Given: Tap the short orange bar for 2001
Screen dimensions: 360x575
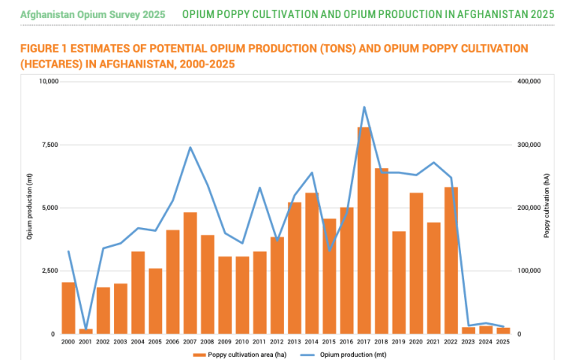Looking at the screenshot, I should pyautogui.click(x=86, y=331).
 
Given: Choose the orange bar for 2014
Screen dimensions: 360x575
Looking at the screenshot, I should pyautogui.click(x=312, y=263).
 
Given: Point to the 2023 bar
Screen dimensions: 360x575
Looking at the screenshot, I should pyautogui.click(x=468, y=330).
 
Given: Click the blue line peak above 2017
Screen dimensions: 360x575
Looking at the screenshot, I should pyautogui.click(x=364, y=107).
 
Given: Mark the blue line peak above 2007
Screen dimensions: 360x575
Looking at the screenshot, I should pyautogui.click(x=190, y=148).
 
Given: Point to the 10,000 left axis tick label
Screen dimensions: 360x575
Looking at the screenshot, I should pyautogui.click(x=46, y=82).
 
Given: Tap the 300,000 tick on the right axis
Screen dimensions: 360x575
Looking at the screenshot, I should pyautogui.click(x=529, y=145).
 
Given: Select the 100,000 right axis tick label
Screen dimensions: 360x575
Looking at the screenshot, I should pyautogui.click(x=529, y=271).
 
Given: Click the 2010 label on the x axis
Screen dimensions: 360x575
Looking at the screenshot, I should pyautogui.click(x=242, y=341).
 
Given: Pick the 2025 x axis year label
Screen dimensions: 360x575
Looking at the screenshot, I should pyautogui.click(x=502, y=341).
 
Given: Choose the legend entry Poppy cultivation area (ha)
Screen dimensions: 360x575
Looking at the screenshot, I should pyautogui.click(x=241, y=353).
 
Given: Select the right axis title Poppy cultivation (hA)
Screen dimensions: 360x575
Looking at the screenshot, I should pyautogui.click(x=547, y=208).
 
